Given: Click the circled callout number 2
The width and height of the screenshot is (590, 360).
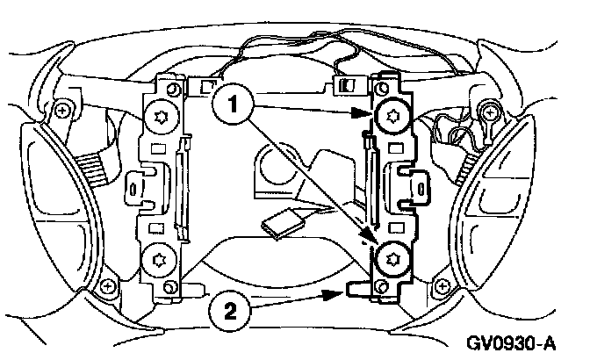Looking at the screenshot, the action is [x=227, y=308].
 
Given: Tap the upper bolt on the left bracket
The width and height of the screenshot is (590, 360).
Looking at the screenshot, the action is [x=160, y=115].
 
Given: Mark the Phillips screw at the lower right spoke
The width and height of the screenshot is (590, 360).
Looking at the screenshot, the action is [x=436, y=285].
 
